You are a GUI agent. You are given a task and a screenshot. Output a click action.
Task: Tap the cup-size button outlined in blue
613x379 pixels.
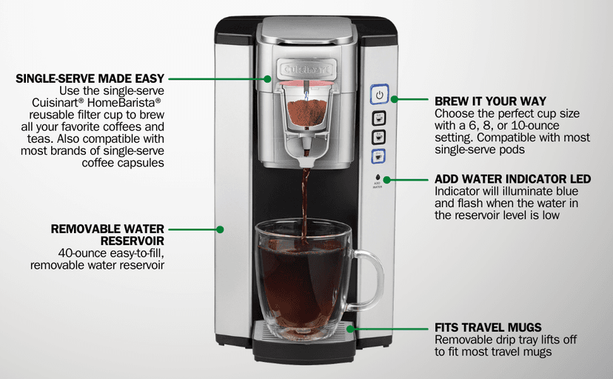point(378,155)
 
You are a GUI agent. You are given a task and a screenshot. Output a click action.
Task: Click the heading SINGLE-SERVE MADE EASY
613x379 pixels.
point(89,78)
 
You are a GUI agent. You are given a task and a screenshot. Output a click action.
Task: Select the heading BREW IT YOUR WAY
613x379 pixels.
point(490,101)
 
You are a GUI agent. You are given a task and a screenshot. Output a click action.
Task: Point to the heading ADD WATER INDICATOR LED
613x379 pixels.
point(512,180)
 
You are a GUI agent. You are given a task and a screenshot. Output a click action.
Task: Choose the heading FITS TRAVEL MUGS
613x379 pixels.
point(488,327)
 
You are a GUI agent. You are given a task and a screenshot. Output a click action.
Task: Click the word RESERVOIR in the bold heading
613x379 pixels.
point(132,241)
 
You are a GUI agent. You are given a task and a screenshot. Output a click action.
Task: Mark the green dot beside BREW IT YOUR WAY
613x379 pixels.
point(395,98)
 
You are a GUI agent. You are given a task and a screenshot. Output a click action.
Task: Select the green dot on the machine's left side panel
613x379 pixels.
point(220,229)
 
